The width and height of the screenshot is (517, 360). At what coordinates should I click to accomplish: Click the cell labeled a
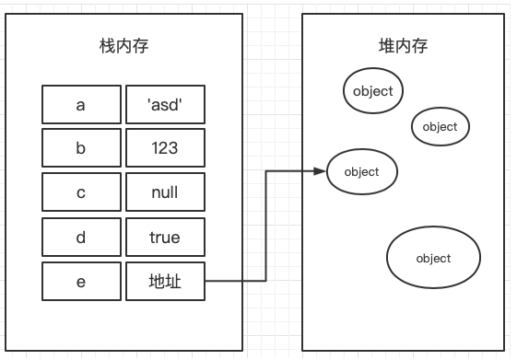coord(81,105)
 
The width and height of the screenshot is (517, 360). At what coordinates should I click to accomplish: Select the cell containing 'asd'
coord(164,105)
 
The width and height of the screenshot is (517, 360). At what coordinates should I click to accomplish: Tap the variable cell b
coord(81,149)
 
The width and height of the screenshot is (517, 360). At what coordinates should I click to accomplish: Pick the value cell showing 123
coord(164,149)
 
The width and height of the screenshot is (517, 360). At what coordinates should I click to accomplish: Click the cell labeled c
coord(81,193)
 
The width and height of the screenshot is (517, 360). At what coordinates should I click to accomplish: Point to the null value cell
coord(164,193)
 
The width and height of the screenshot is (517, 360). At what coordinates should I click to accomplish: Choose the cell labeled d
coord(81,238)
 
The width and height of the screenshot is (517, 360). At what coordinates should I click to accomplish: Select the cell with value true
coord(164,238)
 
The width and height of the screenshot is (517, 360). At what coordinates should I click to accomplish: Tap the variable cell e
coord(81,282)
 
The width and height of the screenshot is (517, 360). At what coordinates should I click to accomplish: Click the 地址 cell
coord(164,282)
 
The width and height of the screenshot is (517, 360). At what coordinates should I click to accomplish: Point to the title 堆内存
coord(403,46)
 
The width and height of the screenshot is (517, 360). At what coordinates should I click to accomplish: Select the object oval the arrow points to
coord(362,171)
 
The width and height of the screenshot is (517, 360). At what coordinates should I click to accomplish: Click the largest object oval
coord(433,258)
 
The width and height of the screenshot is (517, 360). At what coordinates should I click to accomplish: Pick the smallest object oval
coord(441,127)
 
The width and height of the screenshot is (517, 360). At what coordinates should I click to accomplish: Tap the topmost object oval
coord(373,90)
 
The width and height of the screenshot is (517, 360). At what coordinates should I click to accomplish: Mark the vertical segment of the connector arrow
coord(266,226)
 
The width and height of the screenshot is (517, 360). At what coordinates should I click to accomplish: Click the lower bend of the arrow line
coord(266,281)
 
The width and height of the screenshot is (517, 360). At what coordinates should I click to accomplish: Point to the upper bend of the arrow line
coord(266,171)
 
